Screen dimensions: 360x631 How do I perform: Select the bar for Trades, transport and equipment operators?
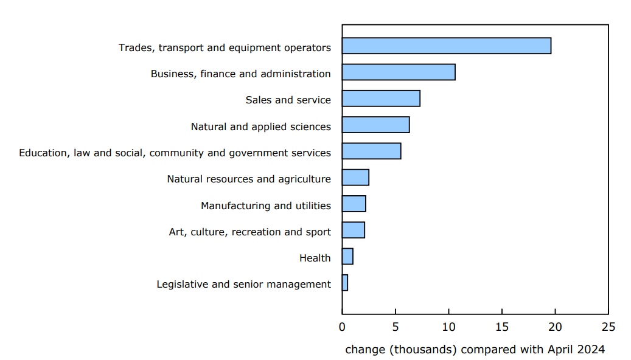[x=446, y=46]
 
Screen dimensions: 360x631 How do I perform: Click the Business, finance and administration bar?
[x=399, y=72]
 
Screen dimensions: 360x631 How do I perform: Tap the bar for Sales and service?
[x=381, y=99]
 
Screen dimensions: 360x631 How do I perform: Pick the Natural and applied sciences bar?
[x=375, y=125]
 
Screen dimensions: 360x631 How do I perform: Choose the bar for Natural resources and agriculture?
[x=355, y=178]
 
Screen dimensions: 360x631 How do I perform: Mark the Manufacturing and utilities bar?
[x=354, y=204]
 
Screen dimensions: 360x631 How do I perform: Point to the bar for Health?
[x=347, y=257]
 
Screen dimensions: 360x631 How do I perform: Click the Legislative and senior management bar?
[x=345, y=283]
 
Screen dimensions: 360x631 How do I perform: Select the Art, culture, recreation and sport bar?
[x=353, y=230]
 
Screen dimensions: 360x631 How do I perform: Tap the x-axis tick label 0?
[x=342, y=327]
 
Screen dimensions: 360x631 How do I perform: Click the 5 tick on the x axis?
[x=396, y=327]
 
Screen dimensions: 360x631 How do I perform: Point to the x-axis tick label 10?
[x=448, y=327]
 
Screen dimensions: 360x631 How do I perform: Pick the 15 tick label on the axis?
[x=502, y=327]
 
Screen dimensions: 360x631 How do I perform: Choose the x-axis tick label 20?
[x=555, y=327]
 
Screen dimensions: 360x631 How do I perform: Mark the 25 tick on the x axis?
[x=608, y=327]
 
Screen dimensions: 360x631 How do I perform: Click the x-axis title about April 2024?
[x=475, y=350]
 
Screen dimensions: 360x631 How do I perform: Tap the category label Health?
[x=315, y=258]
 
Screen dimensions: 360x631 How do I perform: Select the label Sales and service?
[x=288, y=100]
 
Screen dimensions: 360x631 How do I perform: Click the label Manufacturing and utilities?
[x=266, y=206]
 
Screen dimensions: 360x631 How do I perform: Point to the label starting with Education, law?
[x=175, y=153]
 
